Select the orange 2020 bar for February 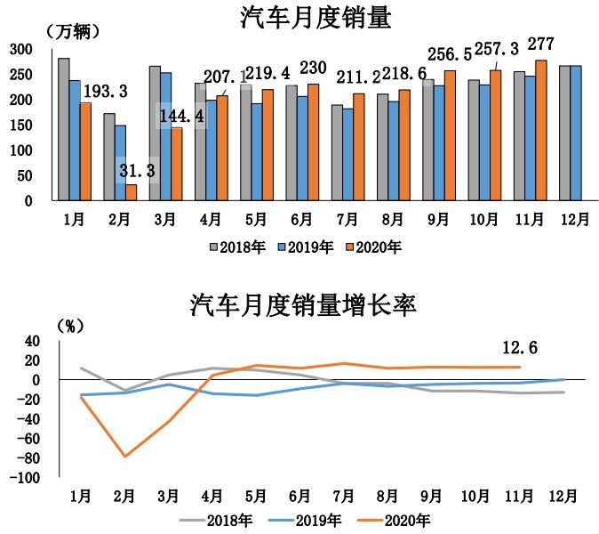(132, 192)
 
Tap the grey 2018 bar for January (63, 129)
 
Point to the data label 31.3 (136, 170)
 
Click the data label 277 (544, 44)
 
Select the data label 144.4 (180, 115)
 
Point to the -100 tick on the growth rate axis (25, 478)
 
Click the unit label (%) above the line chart (68, 326)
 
